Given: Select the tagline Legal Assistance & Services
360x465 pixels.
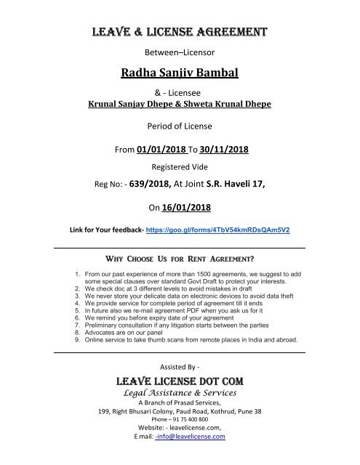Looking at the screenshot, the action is [179, 395].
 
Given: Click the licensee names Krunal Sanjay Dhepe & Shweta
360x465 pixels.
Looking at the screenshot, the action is [179, 104].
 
